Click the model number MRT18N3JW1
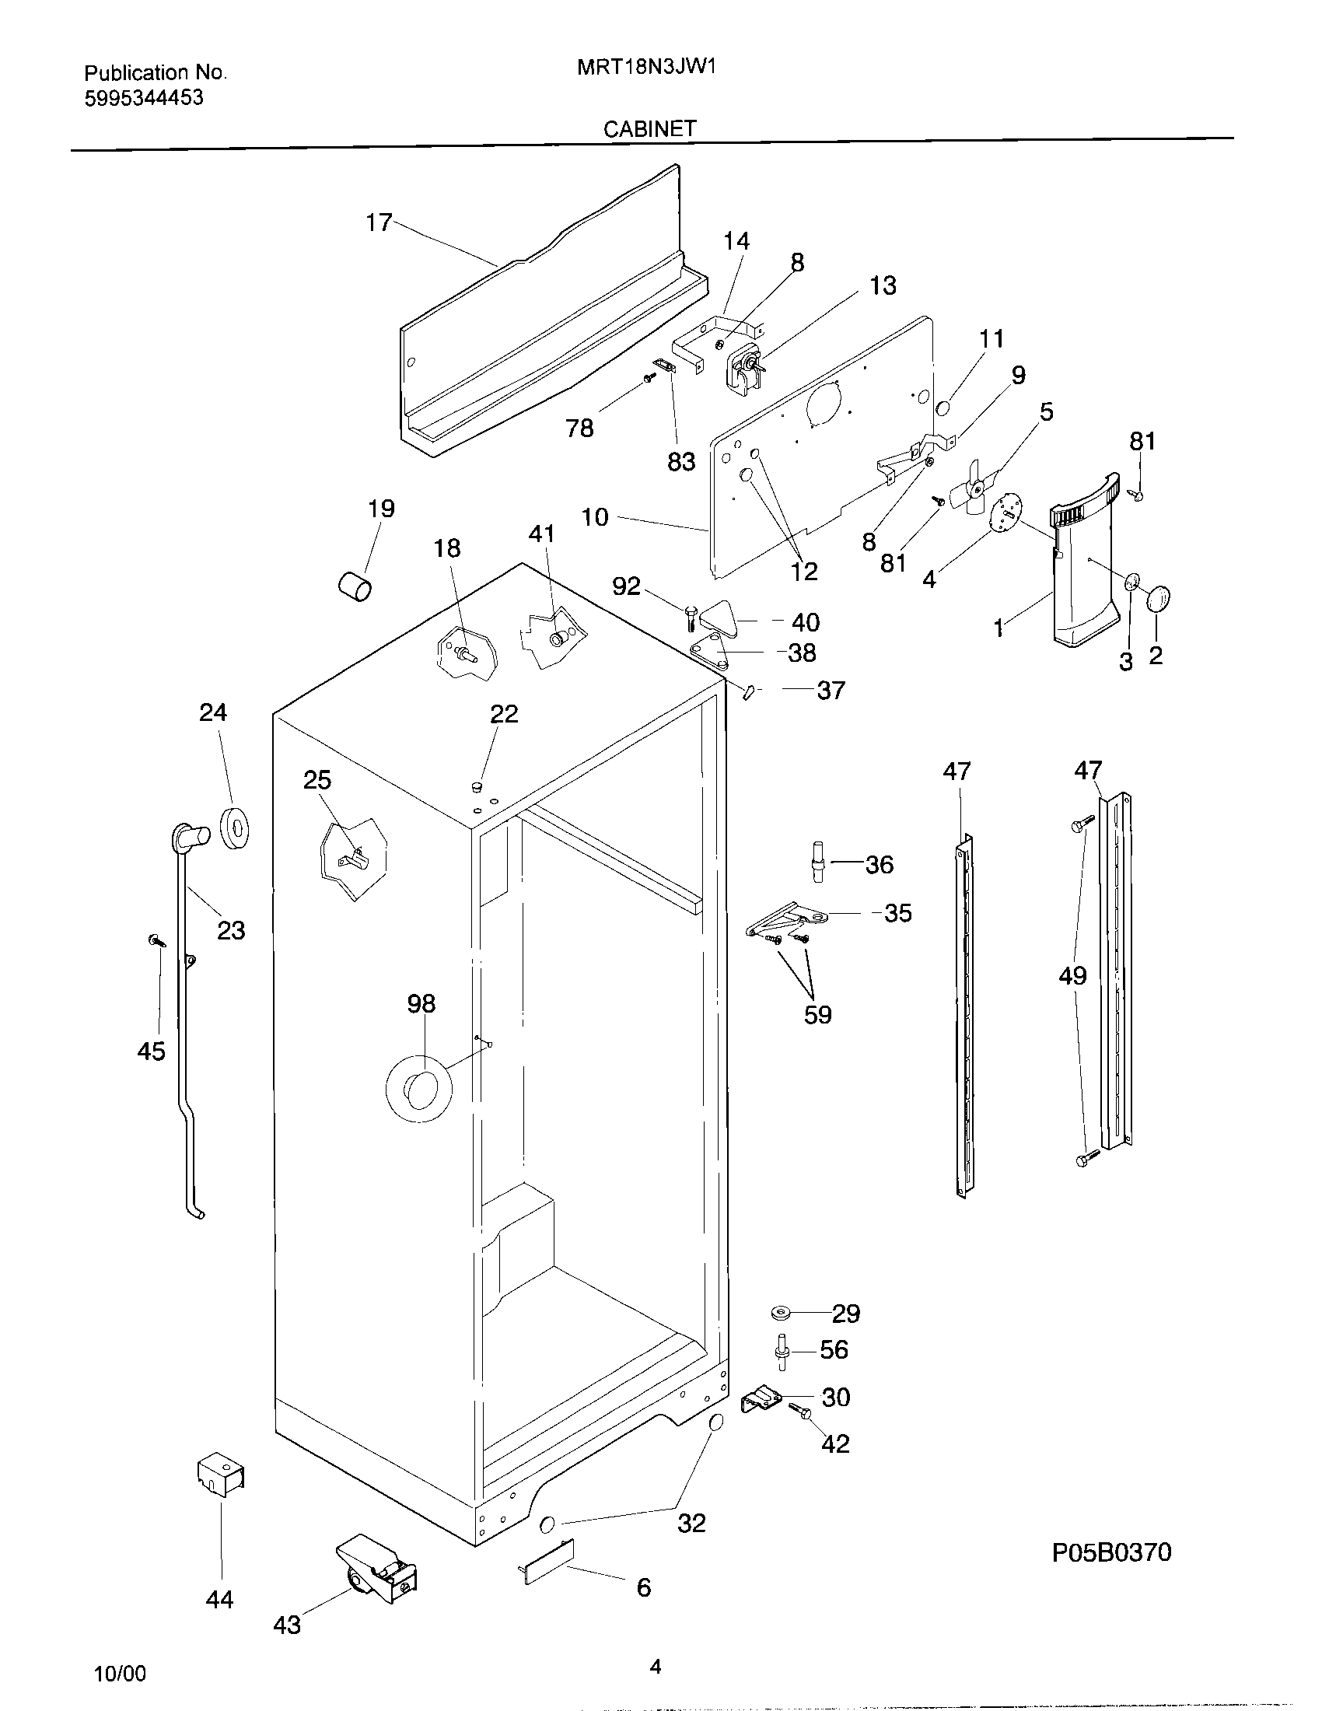tap(647, 68)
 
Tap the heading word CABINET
tap(649, 129)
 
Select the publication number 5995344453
tap(144, 98)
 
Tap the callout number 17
tap(378, 223)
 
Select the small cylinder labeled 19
tap(355, 585)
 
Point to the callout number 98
tap(421, 1003)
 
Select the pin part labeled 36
tap(817, 861)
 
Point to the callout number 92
tap(626, 586)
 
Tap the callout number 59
tap(817, 1014)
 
